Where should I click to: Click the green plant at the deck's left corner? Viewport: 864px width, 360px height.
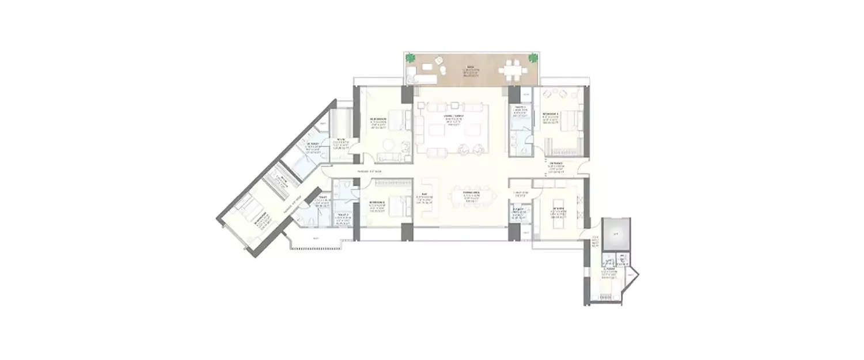coord(410,58)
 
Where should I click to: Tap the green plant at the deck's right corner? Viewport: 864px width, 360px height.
coord(533,58)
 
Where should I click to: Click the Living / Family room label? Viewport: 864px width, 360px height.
coord(451,116)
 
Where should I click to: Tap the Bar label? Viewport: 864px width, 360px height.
coord(425,194)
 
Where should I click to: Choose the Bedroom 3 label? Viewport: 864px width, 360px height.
coord(550,114)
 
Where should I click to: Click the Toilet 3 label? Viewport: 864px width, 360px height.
coord(520,107)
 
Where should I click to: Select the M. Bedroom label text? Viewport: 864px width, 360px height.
coord(378,119)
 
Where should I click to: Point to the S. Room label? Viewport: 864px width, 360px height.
coord(610,268)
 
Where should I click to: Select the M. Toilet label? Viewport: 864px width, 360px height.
coord(313,143)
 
